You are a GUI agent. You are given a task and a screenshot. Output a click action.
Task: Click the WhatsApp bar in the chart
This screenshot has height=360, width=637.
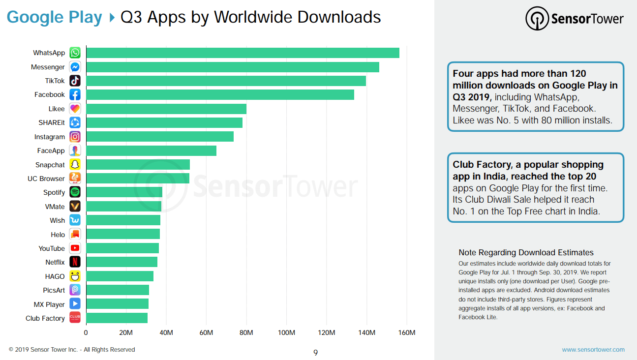[x=243, y=53]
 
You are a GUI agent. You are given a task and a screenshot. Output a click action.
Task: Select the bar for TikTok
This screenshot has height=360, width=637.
[x=226, y=81]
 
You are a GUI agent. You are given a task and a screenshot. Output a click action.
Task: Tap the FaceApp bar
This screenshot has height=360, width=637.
[x=152, y=150]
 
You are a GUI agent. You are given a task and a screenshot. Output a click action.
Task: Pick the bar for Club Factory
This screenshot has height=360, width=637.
[x=117, y=318]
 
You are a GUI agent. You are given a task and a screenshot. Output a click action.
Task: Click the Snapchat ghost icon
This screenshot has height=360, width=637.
[x=75, y=164]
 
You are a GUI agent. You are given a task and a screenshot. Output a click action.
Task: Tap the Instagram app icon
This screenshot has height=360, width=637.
[x=75, y=137]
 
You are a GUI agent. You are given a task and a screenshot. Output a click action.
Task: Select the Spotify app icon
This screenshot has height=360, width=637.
[x=75, y=192]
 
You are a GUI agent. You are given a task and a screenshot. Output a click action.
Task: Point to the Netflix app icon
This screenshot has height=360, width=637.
[x=75, y=262]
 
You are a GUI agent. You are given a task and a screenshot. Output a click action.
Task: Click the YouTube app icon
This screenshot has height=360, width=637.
[x=75, y=248]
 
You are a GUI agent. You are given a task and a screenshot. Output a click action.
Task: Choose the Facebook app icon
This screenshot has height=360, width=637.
[x=75, y=95]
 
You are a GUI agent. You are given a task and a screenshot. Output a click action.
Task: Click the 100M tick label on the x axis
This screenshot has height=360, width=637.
[x=286, y=332]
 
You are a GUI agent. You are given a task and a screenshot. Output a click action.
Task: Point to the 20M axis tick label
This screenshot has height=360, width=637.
[x=126, y=332]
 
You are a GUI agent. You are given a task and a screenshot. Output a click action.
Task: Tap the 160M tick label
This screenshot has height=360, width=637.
[x=407, y=332]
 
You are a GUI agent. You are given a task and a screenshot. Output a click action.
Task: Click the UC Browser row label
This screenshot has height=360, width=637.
[x=46, y=179]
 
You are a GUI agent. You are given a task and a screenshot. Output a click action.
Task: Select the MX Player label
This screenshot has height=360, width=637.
[x=49, y=304]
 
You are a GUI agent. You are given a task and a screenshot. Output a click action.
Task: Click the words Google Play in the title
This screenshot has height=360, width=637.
[x=54, y=17]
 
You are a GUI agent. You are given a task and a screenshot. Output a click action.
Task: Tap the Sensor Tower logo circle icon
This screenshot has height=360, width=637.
[x=537, y=19]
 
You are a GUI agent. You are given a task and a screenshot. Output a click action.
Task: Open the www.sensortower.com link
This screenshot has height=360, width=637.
[x=593, y=350]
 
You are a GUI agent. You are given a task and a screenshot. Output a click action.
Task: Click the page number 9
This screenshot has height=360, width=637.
[x=315, y=353]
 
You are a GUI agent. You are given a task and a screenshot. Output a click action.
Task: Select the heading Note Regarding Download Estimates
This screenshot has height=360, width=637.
[x=526, y=252]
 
